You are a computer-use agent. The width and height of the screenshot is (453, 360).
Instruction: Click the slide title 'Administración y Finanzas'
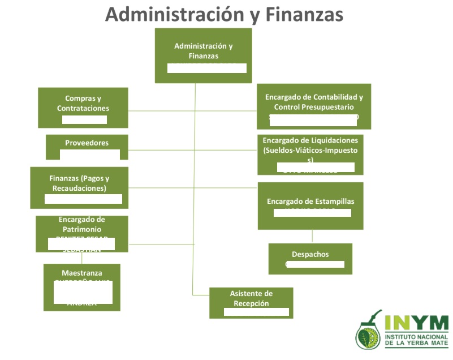coord(224,14)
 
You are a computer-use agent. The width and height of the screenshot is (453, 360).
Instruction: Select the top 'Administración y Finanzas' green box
coord(203,55)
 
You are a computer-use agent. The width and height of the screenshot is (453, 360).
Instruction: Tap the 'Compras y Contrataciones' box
coord(83,108)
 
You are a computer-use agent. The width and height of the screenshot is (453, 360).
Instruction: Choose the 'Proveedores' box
coord(87,147)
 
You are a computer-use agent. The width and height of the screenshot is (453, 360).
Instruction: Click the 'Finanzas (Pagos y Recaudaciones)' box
coord(79,187)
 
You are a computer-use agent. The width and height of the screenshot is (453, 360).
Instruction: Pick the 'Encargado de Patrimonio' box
coord(81,233)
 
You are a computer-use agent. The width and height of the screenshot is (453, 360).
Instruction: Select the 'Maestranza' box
coord(81,287)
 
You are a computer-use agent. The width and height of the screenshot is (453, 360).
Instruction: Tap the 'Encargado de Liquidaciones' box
coord(310,154)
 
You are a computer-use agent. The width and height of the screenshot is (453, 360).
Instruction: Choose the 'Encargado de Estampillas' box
coord(310,205)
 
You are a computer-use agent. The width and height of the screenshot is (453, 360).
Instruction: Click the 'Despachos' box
coord(310,258)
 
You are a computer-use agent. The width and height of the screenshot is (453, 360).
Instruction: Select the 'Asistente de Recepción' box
coord(251,302)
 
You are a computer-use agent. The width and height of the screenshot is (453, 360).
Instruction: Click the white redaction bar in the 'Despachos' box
coord(314,264)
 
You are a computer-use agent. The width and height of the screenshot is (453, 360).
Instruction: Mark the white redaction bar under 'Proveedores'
coord(90,155)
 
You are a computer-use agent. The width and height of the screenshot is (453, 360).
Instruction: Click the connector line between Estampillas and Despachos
coord(312,236)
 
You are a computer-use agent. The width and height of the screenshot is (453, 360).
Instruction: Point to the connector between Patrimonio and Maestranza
coord(83,258)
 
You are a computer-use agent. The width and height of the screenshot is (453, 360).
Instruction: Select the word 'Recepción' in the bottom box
coord(251,303)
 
